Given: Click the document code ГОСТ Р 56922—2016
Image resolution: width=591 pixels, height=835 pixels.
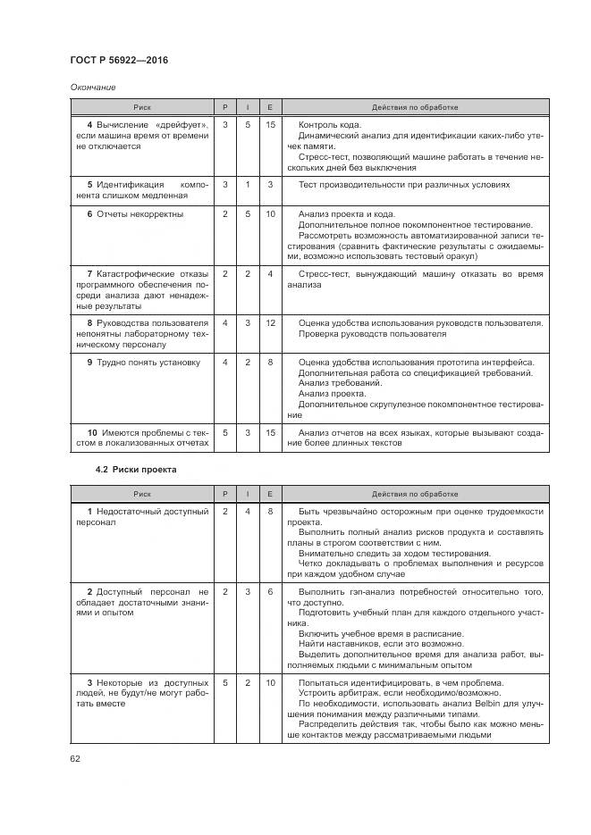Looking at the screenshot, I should (x=119, y=60).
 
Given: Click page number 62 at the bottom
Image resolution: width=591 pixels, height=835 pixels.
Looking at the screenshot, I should (x=75, y=759).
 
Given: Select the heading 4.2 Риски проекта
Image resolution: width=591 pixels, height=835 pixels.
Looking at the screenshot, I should (x=136, y=469).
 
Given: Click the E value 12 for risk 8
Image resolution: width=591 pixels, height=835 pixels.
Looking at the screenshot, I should (x=271, y=322).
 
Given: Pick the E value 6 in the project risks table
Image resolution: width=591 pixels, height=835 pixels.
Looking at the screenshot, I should (x=271, y=591).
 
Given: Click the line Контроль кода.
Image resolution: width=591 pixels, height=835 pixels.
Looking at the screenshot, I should (x=330, y=125).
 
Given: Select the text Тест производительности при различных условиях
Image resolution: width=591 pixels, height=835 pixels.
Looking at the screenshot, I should (x=404, y=185).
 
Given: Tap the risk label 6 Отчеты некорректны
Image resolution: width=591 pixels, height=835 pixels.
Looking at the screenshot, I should (x=135, y=214).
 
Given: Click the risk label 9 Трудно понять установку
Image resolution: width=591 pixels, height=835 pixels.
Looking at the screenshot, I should (x=143, y=363).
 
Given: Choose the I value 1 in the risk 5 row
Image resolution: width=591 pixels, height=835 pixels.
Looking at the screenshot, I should (x=248, y=185).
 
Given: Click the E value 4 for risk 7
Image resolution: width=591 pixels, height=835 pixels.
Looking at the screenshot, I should (x=271, y=273).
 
